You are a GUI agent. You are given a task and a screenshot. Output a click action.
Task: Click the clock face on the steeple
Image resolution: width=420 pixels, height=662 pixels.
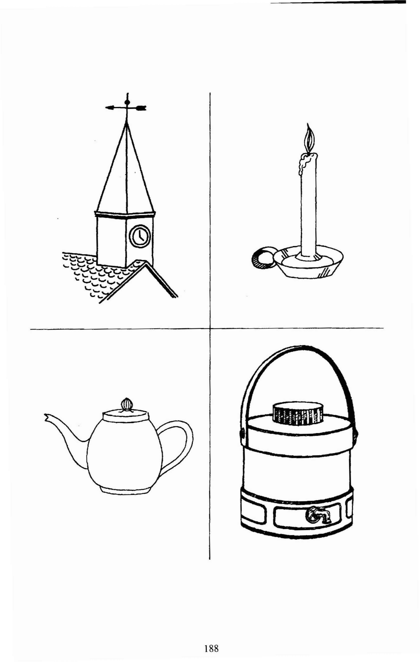tap(140, 236)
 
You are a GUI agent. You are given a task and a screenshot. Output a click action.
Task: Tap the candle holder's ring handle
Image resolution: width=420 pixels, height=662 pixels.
tap(261, 259)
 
